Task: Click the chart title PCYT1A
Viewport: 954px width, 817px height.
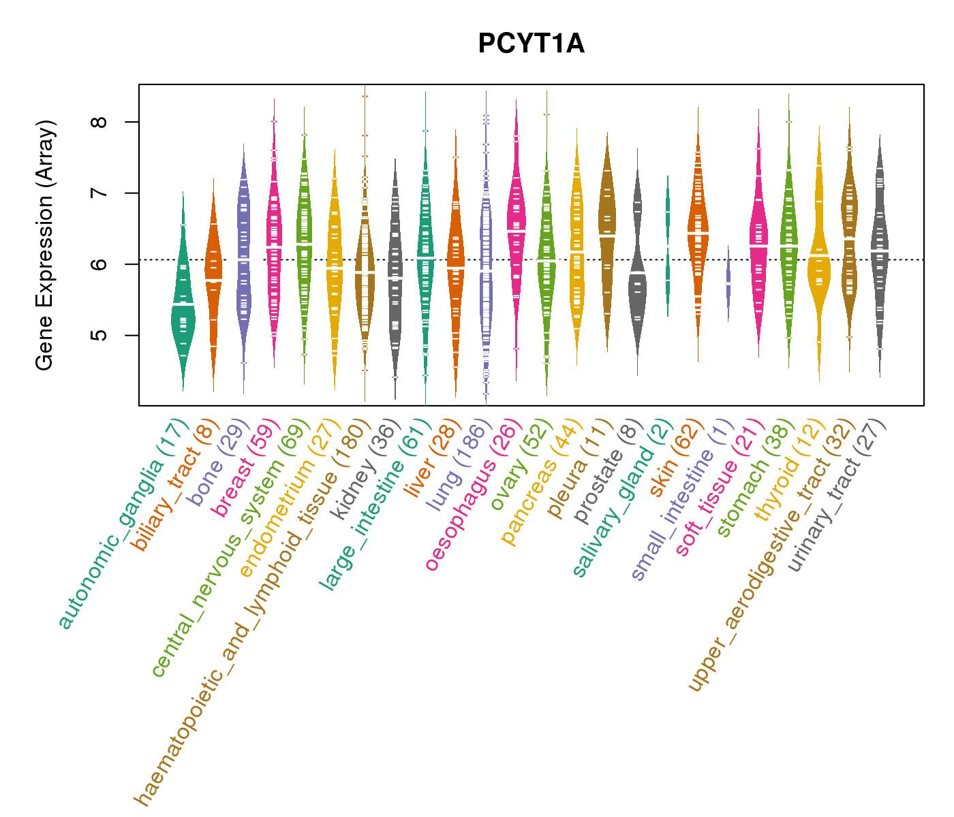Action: click(x=531, y=44)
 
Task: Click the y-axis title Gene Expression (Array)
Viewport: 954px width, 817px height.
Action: click(x=45, y=245)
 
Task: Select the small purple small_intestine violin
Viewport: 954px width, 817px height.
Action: click(x=728, y=283)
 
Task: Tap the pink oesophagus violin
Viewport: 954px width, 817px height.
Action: click(x=517, y=231)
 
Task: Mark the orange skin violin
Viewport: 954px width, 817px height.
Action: click(x=698, y=231)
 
